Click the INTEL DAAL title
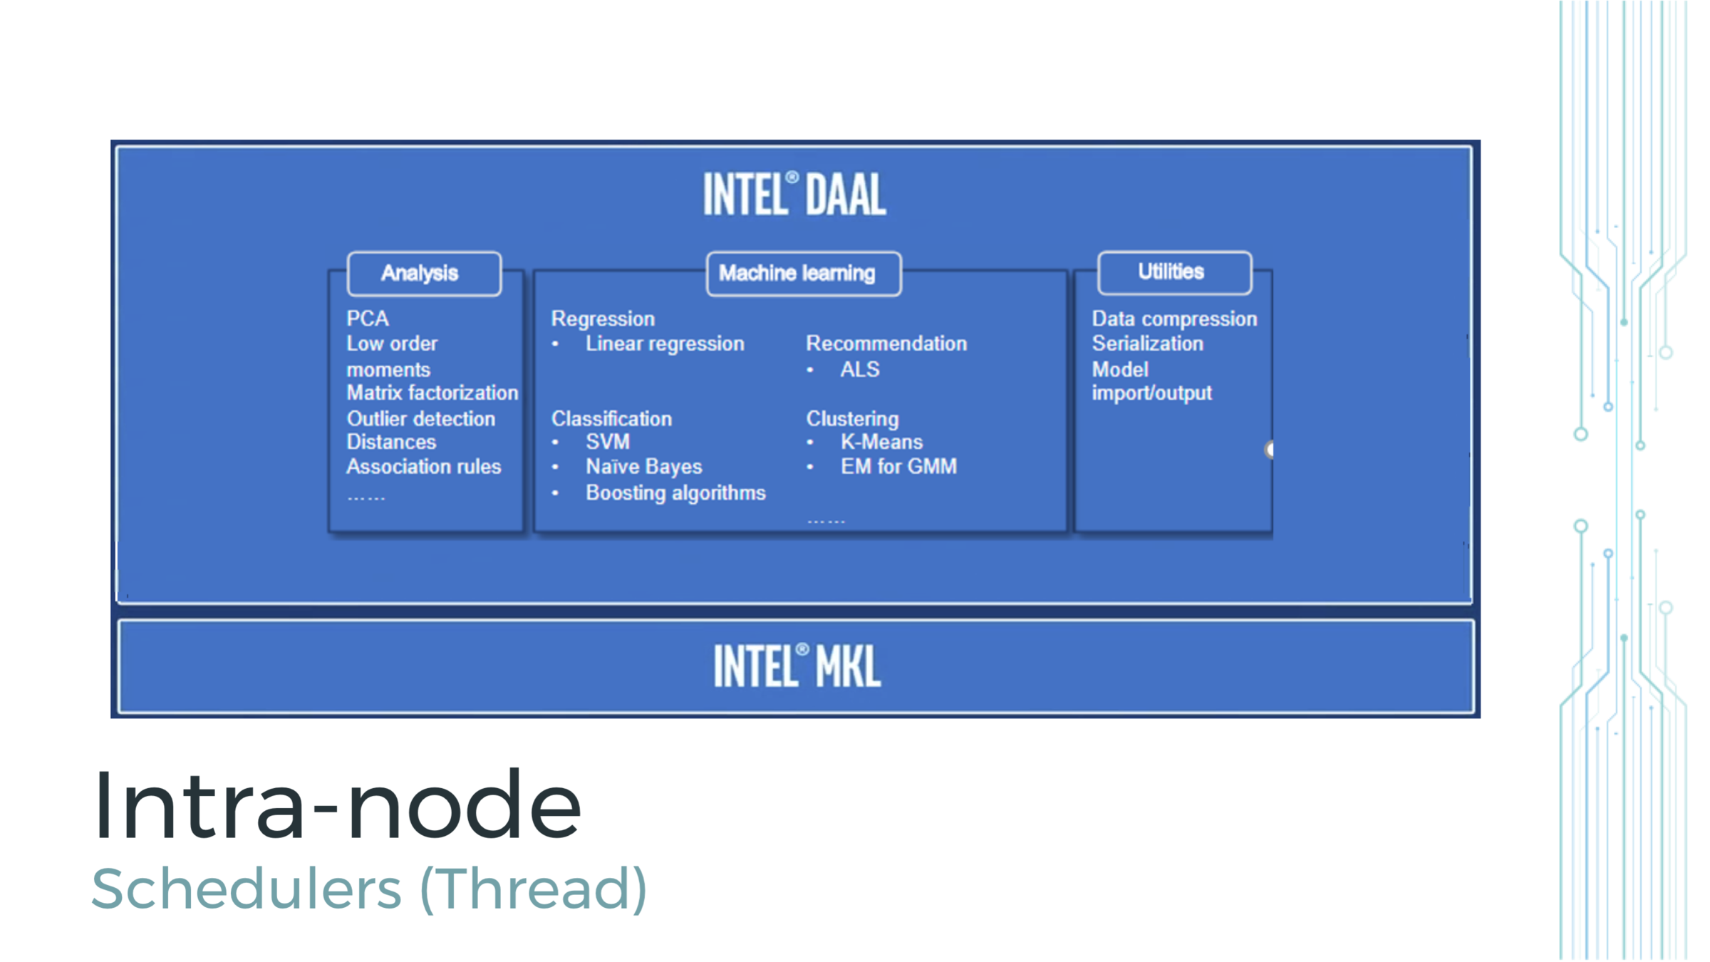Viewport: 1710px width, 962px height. tap(794, 194)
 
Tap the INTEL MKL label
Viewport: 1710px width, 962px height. tap(797, 666)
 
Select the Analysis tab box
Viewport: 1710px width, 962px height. tap(424, 274)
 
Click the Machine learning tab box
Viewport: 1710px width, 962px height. tap(803, 274)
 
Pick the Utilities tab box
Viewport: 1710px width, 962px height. tap(1173, 272)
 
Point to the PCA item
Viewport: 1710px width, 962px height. tap(368, 319)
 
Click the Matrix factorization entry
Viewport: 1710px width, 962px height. tap(432, 393)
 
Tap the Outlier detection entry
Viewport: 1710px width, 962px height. tap(420, 418)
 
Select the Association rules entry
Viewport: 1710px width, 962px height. tap(423, 467)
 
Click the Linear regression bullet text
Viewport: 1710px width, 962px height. tap(664, 343)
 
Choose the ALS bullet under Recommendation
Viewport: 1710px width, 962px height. tap(859, 370)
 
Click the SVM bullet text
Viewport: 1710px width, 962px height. tap(607, 442)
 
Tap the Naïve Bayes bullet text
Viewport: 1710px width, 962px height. tap(643, 467)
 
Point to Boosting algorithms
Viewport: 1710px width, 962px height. tap(675, 493)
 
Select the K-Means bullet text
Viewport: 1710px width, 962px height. tap(881, 442)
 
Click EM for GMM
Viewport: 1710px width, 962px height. tap(898, 467)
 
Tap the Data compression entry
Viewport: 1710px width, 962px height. tap(1173, 319)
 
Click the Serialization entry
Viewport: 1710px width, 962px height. tap(1147, 343)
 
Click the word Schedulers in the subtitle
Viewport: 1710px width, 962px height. tap(247, 889)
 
